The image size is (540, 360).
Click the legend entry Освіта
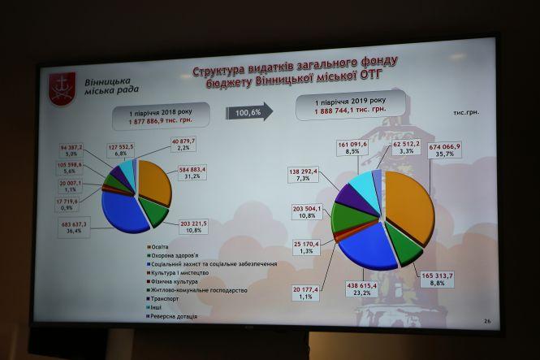pos(162,245)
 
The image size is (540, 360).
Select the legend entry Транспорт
pos(168,298)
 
